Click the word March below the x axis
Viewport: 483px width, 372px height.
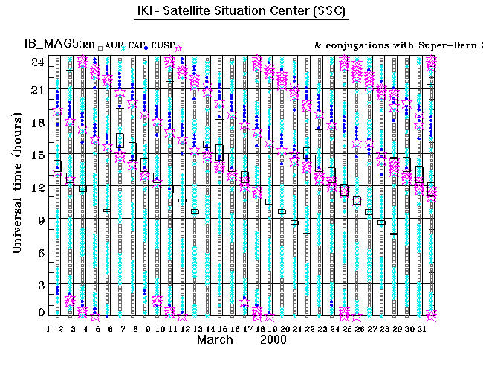pos(216,339)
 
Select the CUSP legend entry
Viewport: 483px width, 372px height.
pos(163,46)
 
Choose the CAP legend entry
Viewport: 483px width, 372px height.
pos(137,46)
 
